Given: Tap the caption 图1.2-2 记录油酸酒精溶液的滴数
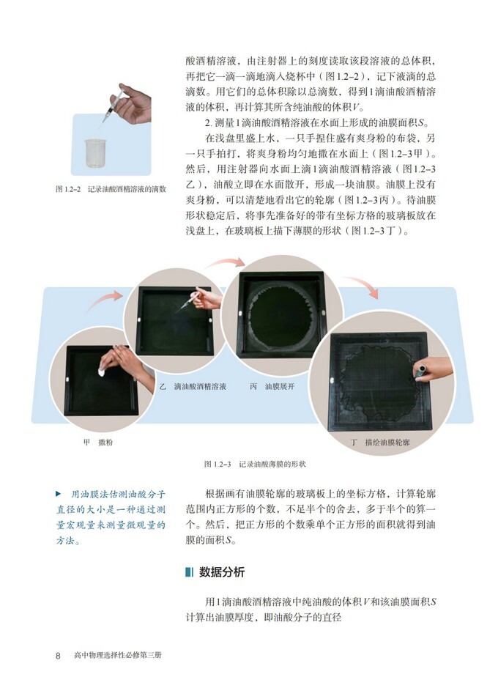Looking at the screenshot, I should (111, 188).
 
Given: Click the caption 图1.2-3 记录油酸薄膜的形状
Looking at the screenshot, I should (255, 464).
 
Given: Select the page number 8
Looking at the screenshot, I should (58, 655).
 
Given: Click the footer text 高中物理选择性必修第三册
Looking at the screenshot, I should (117, 655).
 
